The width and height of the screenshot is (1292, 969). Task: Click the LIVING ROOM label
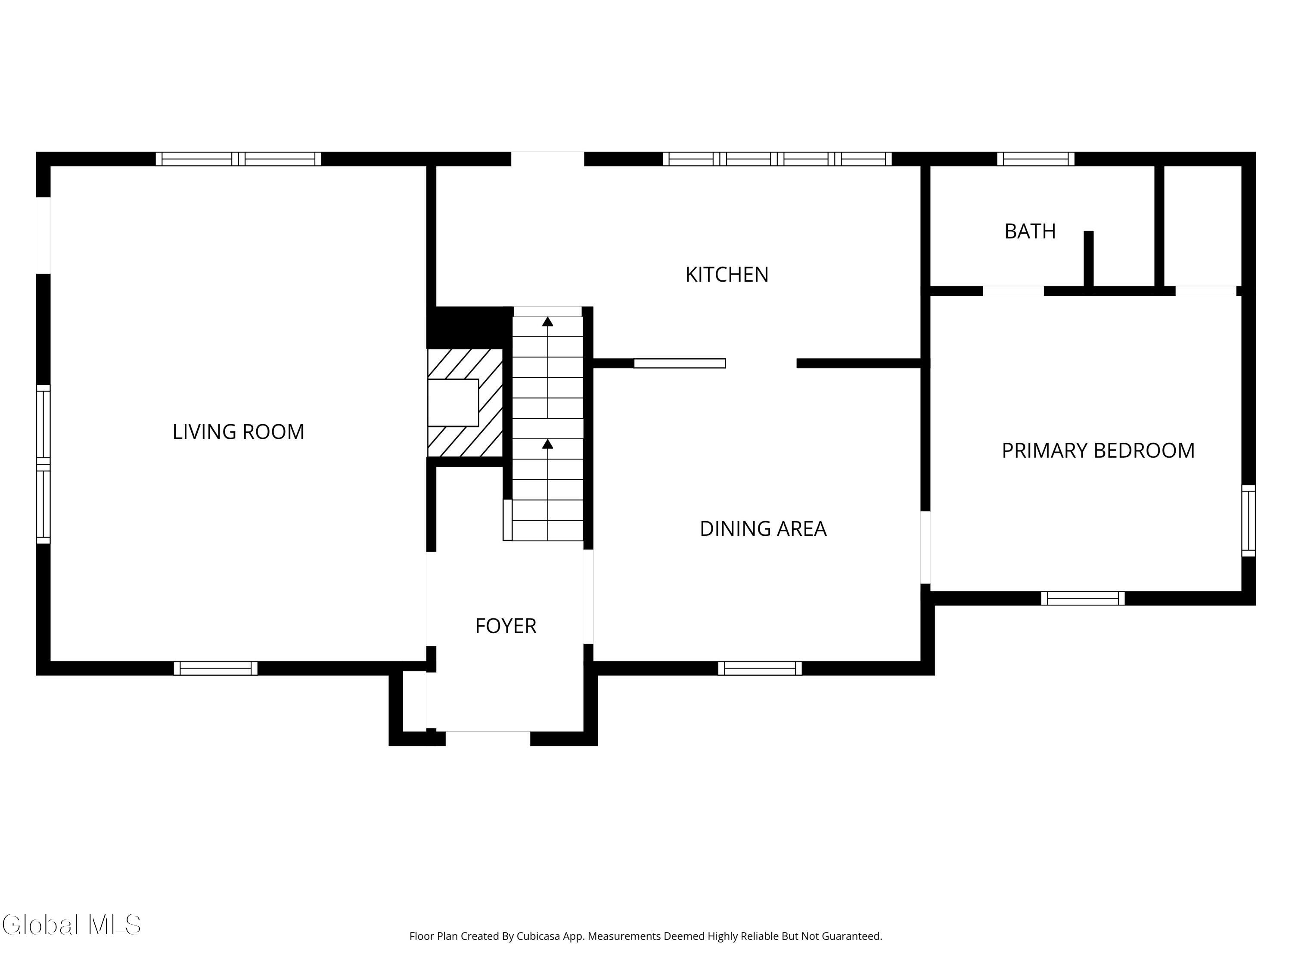point(238,432)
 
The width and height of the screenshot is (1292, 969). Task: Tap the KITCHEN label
point(727,274)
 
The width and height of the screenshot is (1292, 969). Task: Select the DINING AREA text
point(763,528)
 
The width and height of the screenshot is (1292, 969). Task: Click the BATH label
point(1030,231)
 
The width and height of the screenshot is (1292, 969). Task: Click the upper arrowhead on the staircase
point(547,321)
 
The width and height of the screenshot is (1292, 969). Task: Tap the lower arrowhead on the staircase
point(547,444)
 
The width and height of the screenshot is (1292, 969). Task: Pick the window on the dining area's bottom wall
point(759,668)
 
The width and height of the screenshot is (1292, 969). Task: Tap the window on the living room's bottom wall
point(215,668)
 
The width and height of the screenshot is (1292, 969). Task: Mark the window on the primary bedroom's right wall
point(1248,520)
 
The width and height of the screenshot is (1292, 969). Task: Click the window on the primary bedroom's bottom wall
point(1082,598)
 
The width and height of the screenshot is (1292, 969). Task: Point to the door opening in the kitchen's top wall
point(547,159)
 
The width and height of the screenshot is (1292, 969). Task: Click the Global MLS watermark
point(71,925)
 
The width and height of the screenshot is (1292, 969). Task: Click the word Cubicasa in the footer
point(538,936)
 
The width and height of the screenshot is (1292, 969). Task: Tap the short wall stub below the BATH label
point(1088,259)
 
